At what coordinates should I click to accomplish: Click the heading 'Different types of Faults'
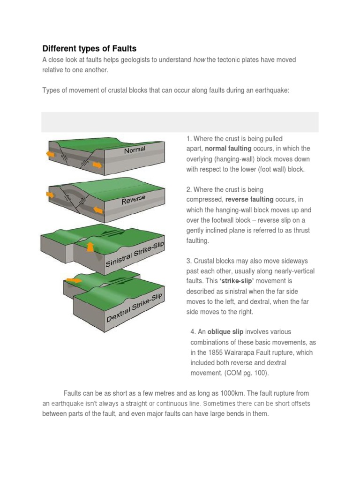(89, 49)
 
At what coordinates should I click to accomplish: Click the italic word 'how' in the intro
(199, 60)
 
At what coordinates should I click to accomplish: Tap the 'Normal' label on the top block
(135, 150)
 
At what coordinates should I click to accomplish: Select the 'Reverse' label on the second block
(134, 200)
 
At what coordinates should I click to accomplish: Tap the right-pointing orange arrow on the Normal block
(97, 165)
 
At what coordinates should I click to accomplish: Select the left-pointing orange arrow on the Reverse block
(50, 194)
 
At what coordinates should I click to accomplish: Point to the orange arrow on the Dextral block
(73, 280)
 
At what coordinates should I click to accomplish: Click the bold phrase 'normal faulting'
(229, 149)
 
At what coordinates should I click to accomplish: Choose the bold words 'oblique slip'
(225, 332)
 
